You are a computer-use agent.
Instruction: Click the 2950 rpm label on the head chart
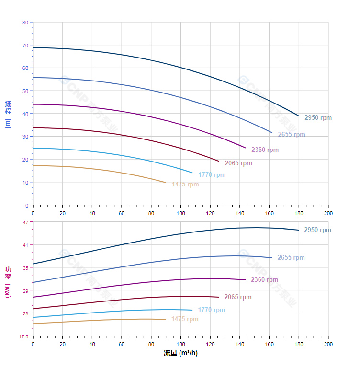point(318,118)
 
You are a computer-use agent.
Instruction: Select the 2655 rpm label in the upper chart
point(292,135)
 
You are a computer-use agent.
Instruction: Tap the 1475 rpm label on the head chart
point(185,185)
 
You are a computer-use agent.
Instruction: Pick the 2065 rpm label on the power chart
point(238,297)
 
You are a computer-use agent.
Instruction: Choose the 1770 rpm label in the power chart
point(212,310)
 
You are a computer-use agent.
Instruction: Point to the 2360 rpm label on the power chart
point(264,280)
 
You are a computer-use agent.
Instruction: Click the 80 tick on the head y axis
point(25,23)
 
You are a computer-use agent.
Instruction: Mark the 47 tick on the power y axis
point(25,222)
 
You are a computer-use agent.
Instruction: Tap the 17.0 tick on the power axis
point(24,336)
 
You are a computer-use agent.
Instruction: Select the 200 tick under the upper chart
point(328,213)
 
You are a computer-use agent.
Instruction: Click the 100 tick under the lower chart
point(180,344)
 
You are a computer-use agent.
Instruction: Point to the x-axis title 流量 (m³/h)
point(180,353)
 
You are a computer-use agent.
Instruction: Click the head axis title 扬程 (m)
point(8,114)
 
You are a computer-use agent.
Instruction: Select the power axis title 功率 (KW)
point(8,282)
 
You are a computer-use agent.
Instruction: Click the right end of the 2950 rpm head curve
point(299,116)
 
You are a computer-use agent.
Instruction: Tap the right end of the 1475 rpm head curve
point(166,183)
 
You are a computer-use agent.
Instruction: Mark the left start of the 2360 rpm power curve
point(33,297)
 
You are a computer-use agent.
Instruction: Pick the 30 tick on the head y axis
point(25,137)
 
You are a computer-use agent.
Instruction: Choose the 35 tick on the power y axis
point(25,267)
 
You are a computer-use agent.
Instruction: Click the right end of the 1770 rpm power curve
point(192,310)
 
